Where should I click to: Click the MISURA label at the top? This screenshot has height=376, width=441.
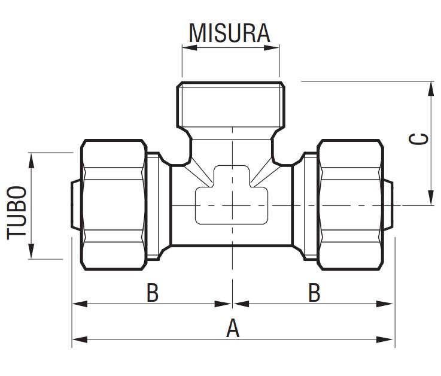pyautogui.click(x=230, y=33)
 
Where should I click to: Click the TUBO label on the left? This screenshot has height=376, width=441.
pyautogui.click(x=17, y=213)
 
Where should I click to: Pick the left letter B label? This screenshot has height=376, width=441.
pyautogui.click(x=153, y=293)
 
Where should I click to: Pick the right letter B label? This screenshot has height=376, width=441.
pyautogui.click(x=314, y=293)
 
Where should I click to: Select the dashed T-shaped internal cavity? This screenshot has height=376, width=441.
pyautogui.click(x=232, y=198)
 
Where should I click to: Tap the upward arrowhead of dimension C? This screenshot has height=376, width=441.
pyautogui.click(x=430, y=87)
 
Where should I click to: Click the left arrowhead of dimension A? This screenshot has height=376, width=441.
pyautogui.click(x=77, y=339)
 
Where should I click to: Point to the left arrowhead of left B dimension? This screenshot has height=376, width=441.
pyautogui.click(x=77, y=304)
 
